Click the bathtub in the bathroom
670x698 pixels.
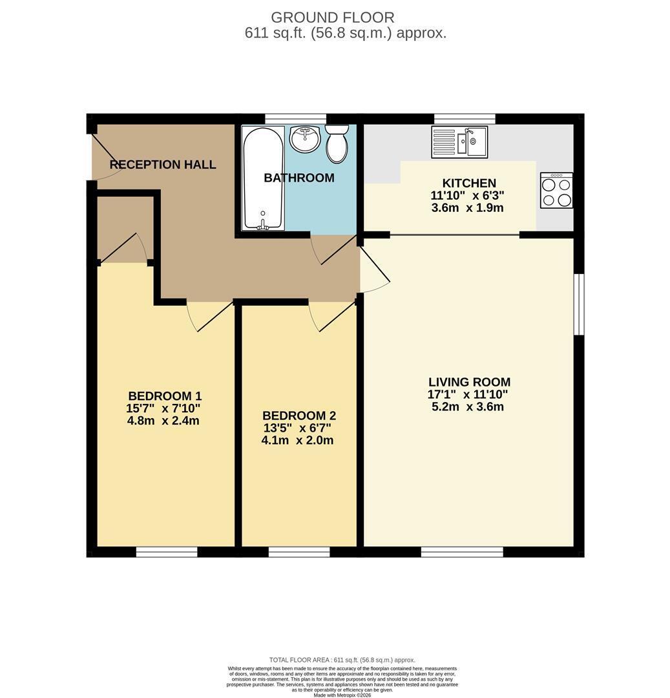[263, 178]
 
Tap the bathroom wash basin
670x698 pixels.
[305, 138]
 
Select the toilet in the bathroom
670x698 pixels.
[337, 143]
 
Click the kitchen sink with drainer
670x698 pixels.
[459, 142]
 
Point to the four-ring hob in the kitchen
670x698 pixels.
[556, 190]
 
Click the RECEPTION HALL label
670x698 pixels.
[163, 165]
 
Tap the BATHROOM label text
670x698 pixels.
[299, 178]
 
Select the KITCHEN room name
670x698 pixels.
[469, 183]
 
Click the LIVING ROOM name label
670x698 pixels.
[469, 382]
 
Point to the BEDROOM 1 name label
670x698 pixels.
[165, 396]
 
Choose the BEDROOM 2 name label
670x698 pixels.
[299, 416]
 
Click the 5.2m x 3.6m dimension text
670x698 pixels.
[468, 407]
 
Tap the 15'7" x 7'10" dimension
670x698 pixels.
[163, 408]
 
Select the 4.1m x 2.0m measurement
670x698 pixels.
[297, 440]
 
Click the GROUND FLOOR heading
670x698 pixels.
[333, 17]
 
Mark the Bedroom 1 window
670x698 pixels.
[167, 552]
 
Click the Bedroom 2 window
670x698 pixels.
[299, 552]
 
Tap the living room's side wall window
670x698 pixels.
[579, 304]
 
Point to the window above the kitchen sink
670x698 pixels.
[465, 118]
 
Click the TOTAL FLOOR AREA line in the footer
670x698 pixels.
[342, 660]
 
